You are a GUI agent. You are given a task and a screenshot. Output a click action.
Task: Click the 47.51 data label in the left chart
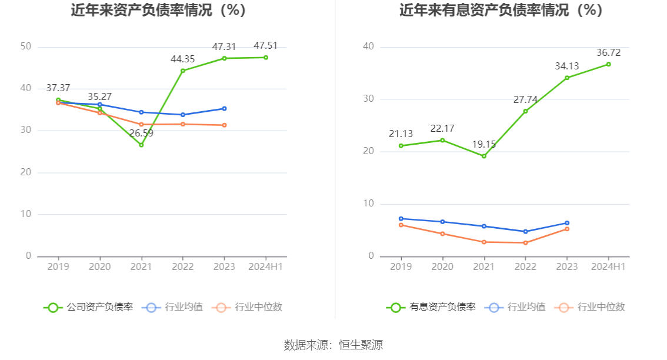pyautogui.click(x=265, y=45)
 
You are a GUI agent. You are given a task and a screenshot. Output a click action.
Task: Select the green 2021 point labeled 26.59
pyautogui.click(x=141, y=145)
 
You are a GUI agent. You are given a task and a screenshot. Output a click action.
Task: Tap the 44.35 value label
pyautogui.click(x=182, y=59)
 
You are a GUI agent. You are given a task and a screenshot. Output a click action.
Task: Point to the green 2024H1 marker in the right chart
pyautogui.click(x=608, y=64)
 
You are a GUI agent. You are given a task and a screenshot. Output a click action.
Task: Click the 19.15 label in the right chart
pyautogui.click(x=484, y=144)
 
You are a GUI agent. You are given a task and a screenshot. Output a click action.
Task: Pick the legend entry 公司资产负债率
pyautogui.click(x=88, y=307)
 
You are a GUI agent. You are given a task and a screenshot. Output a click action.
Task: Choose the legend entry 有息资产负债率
pyautogui.click(x=431, y=307)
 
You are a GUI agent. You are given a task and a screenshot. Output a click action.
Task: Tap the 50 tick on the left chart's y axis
pyautogui.click(x=25, y=46)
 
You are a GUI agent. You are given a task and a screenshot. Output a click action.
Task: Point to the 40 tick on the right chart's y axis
pyautogui.click(x=368, y=46)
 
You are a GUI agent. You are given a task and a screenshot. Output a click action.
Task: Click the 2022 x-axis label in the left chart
pyautogui.click(x=182, y=266)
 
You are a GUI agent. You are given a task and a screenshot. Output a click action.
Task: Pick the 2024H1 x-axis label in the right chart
pyautogui.click(x=608, y=266)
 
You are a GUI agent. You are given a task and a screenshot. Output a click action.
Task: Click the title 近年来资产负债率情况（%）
pyautogui.click(x=158, y=10)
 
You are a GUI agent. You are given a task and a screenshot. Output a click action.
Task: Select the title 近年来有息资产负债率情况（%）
pyautogui.click(x=501, y=10)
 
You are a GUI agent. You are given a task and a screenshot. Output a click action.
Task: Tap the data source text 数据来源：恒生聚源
pyautogui.click(x=333, y=345)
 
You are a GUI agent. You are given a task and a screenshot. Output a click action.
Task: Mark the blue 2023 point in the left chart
pyautogui.click(x=224, y=108)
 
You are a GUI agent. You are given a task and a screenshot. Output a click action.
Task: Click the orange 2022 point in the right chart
pyautogui.click(x=525, y=242)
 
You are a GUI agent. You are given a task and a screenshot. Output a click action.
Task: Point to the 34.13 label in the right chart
pyautogui.click(x=567, y=66)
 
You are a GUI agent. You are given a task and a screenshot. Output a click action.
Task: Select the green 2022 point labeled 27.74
pyautogui.click(x=525, y=111)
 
